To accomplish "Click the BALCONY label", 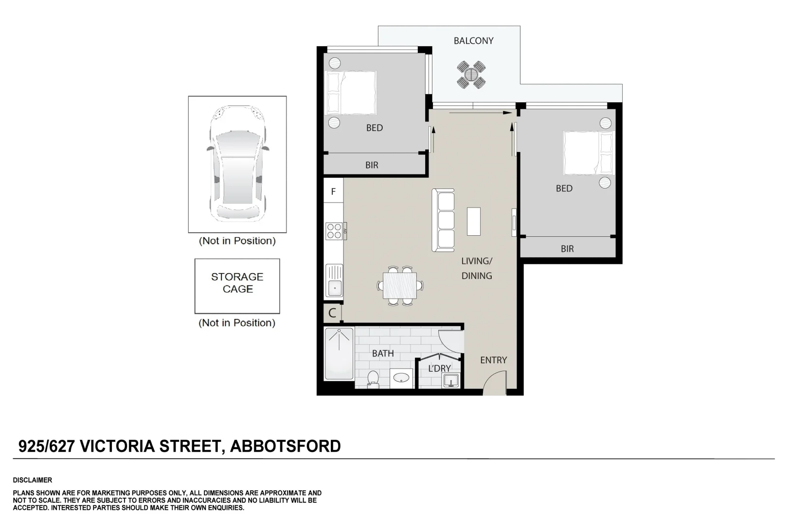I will coord(473,41).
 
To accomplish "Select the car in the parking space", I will coord(237,163).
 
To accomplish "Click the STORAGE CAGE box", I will coord(237,285).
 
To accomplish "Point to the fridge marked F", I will coord(333,191).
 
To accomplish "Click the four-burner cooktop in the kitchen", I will coord(334,230).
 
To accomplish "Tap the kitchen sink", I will coord(334,281).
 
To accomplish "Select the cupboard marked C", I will coord(333,313).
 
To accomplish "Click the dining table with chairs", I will coord(400,285).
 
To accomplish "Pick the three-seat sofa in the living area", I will coord(443,220).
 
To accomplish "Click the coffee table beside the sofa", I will coord(474,221).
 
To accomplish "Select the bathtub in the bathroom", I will coord(339,354).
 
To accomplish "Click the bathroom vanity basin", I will coord(401,378).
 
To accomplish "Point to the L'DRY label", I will coord(439,369).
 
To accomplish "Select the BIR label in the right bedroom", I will coord(567,249).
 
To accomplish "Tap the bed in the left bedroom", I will coord(351,93).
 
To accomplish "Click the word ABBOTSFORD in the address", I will coord(285,446).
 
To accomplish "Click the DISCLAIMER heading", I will coord(33,480).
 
